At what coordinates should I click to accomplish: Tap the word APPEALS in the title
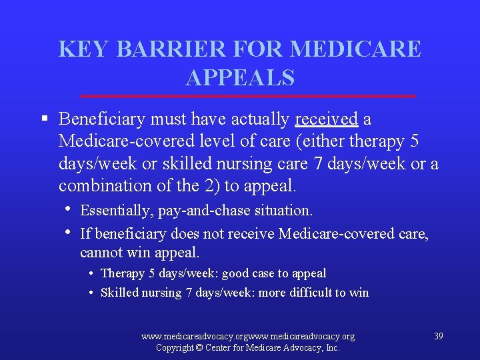[x=240, y=78]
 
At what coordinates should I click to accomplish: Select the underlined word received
[x=327, y=119]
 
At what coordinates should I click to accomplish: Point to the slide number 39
[x=438, y=336]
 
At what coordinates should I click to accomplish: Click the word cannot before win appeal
[x=99, y=253]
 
